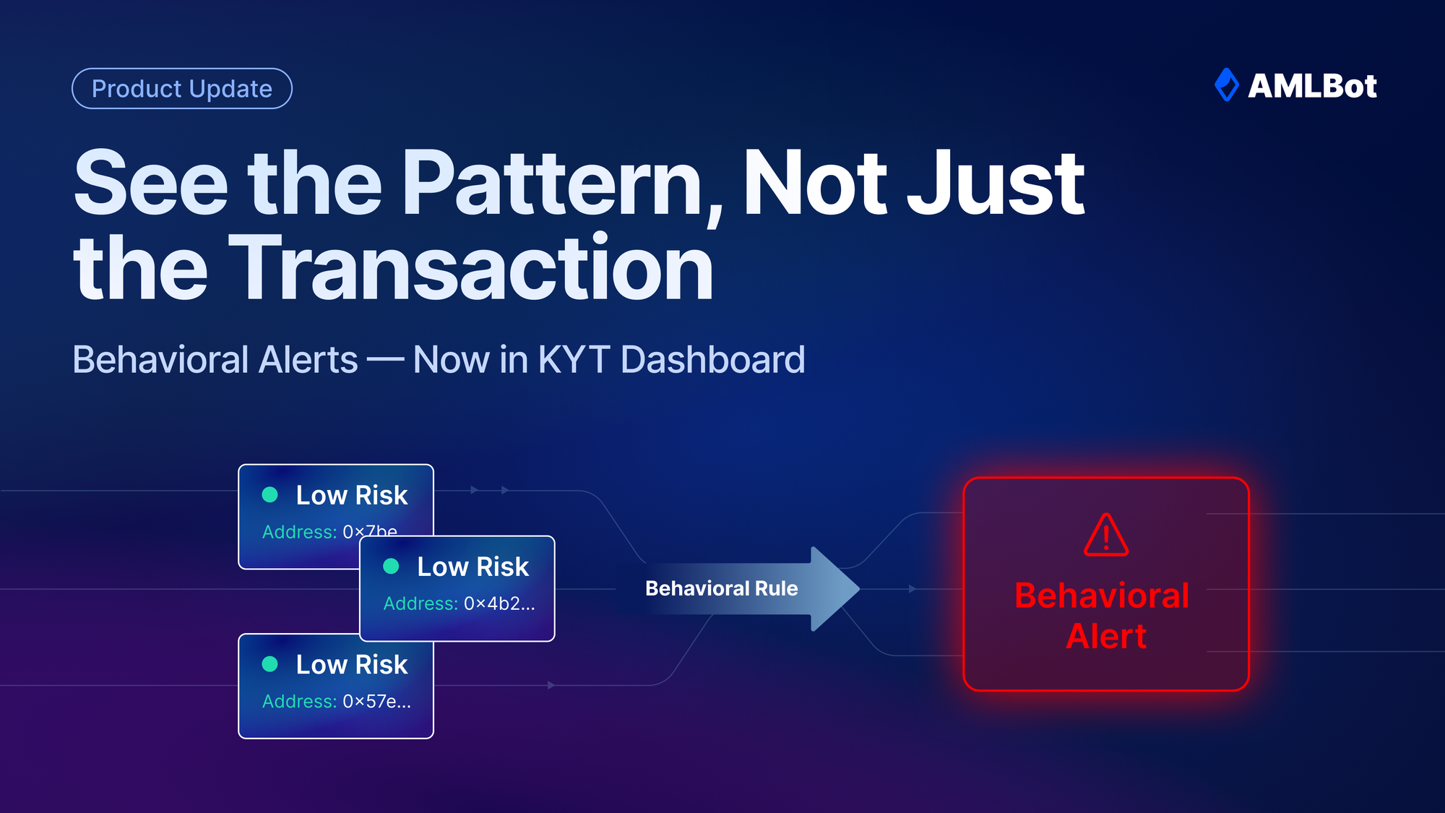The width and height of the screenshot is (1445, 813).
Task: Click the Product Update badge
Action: pyautogui.click(x=182, y=89)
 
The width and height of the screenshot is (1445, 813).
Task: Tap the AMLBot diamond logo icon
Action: pyautogui.click(x=1226, y=85)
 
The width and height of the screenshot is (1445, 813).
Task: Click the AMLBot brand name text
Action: pyautogui.click(x=1312, y=86)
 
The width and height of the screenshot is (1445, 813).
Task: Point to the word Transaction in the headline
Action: pyautogui.click(x=471, y=269)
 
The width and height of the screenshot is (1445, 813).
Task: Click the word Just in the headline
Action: pyautogui.click(x=996, y=184)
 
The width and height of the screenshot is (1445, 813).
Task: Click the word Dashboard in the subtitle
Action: pyautogui.click(x=712, y=360)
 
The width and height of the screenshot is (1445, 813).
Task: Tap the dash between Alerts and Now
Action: pyautogui.click(x=385, y=360)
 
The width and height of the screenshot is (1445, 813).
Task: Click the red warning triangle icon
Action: pyautogui.click(x=1105, y=535)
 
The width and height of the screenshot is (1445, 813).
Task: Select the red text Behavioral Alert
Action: pyautogui.click(x=1103, y=616)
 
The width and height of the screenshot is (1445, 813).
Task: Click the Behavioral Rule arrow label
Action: pyautogui.click(x=721, y=589)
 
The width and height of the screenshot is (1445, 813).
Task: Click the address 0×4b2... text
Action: pyautogui.click(x=499, y=603)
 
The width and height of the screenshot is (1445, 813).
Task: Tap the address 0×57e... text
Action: pyautogui.click(x=376, y=701)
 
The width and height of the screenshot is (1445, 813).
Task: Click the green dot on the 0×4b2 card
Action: pyautogui.click(x=391, y=566)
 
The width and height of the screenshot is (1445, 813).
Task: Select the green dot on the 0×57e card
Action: pyautogui.click(x=269, y=664)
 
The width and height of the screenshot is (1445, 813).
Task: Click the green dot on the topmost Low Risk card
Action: pyautogui.click(x=269, y=494)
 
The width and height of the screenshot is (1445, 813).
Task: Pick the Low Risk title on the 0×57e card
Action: pyautogui.click(x=352, y=664)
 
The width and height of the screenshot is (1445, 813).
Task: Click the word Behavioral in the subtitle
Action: pyautogui.click(x=215, y=360)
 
